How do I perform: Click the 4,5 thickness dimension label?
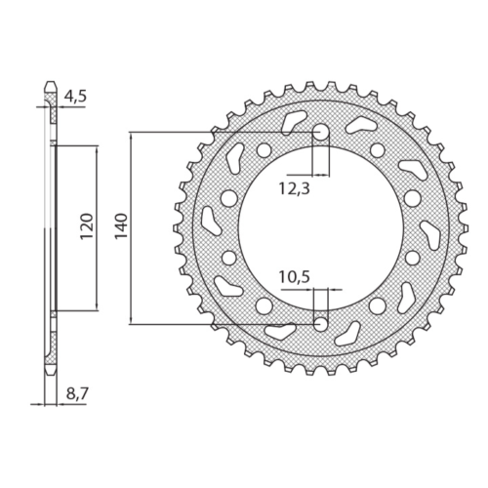point(75,97)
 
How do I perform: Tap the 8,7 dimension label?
point(77,394)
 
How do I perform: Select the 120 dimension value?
point(87,226)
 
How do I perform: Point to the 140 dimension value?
point(121,226)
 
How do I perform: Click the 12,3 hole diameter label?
point(295,188)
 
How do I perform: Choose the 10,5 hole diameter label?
point(295,277)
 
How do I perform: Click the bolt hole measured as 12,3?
point(321,132)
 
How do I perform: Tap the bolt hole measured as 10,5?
point(321,324)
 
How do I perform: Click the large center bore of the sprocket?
point(321,227)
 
